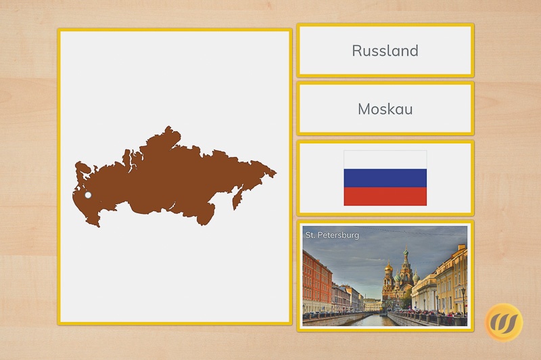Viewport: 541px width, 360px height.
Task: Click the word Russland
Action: point(385,51)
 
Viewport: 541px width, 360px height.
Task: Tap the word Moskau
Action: point(385,109)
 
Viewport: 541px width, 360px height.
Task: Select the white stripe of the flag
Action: point(385,160)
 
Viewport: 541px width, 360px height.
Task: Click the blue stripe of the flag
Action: point(385,178)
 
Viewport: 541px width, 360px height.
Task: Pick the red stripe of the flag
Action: point(385,196)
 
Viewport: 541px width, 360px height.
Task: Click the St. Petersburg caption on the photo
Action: point(332,235)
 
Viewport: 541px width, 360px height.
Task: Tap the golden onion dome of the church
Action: point(388,267)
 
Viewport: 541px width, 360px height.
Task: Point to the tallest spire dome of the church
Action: point(406,252)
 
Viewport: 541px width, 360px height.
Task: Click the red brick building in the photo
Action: point(316,282)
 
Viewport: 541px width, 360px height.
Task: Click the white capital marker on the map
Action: point(88,195)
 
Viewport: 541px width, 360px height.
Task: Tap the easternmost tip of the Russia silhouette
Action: point(277,173)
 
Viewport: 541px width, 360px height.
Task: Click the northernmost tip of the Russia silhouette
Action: point(168,127)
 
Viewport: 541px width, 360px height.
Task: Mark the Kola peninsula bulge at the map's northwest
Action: point(82,168)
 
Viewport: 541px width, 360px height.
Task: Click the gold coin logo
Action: point(504,322)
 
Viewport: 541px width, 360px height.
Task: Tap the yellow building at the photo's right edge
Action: point(452,279)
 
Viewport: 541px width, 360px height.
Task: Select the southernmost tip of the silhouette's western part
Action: point(99,227)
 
